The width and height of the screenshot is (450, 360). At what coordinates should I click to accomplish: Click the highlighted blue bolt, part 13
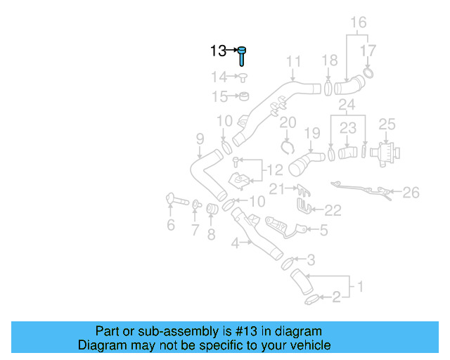[x=242, y=56]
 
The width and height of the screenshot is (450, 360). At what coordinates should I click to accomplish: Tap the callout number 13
[x=218, y=51]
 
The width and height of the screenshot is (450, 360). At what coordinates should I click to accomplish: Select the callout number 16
[x=359, y=22]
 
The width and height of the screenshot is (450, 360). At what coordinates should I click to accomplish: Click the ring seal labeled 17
[x=368, y=73]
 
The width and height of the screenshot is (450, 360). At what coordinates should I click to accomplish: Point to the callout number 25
[x=387, y=124]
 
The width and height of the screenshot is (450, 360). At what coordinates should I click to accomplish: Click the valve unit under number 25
[x=385, y=154]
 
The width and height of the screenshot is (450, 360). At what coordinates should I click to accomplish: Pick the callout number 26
[x=411, y=193]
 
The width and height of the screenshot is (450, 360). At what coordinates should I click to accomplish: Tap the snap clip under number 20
[x=288, y=148]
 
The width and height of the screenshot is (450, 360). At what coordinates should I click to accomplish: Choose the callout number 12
[x=275, y=170]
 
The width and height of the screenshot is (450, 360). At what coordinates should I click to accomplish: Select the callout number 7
[x=195, y=230]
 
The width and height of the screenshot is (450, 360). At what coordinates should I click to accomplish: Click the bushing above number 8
[x=212, y=209]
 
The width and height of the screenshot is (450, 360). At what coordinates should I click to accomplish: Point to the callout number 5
[x=323, y=230]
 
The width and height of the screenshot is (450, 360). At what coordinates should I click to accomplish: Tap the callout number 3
[x=311, y=260]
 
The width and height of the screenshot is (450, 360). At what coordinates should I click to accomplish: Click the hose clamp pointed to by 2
[x=311, y=300]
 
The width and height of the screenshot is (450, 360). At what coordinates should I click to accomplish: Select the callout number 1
[x=360, y=286]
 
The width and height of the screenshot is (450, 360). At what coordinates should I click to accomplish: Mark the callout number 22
[x=333, y=210]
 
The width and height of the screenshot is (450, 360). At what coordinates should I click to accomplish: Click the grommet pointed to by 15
[x=244, y=96]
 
